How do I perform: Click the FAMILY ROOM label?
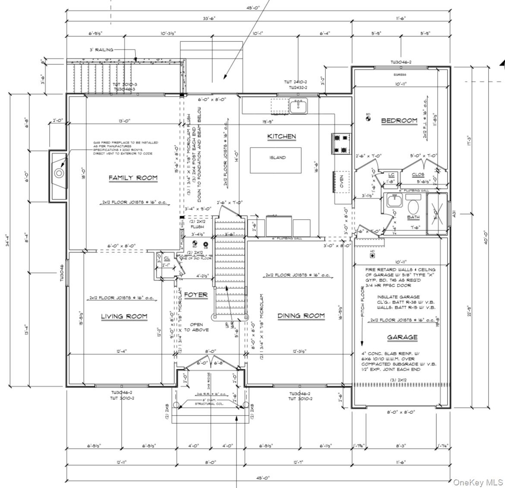coord(133,178)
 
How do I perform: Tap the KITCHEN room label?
coord(281,136)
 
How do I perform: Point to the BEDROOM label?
coord(399,121)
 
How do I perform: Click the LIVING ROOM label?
coord(124,316)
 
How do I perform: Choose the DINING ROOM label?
coord(301,316)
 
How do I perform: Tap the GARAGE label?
coord(402,337)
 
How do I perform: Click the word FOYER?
coord(196,295)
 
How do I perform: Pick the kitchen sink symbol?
coord(298,105)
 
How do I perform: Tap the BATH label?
coord(413,217)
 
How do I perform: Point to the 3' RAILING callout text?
coord(101,50)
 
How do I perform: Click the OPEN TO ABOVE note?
coord(196,327)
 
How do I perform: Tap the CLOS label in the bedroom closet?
coord(417,175)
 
